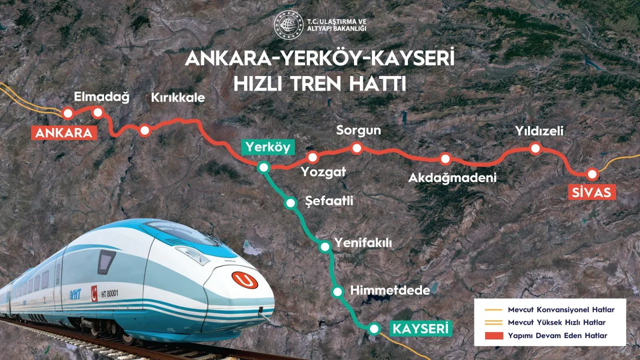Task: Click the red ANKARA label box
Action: point(63,133)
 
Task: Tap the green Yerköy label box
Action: point(267,147)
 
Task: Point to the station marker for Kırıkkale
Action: point(144,130)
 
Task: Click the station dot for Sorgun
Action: point(356,147)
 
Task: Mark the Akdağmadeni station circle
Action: point(445,159)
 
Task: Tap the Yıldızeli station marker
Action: point(535,148)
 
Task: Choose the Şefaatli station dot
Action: point(290,203)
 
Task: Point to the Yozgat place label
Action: point(323,172)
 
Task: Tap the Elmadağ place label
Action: point(101,97)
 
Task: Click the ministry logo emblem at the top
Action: point(288,25)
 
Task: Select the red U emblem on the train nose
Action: point(245,280)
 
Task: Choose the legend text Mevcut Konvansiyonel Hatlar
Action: point(560,310)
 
